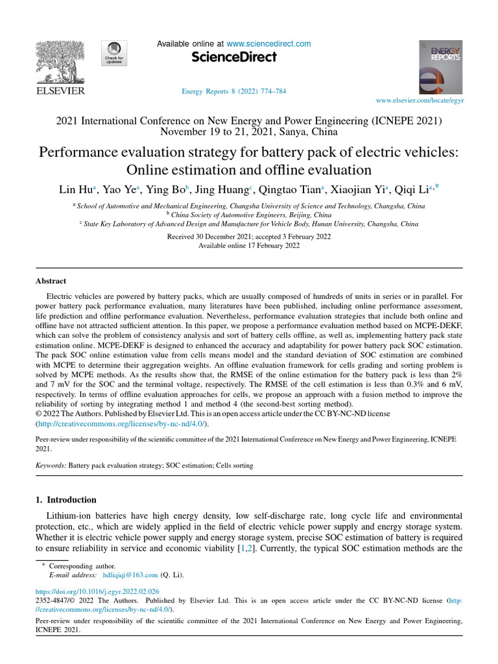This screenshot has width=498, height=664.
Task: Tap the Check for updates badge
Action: pos(114,53)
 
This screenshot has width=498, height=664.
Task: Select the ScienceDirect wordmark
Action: pos(234,58)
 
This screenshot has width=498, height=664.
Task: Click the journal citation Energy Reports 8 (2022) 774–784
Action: pos(234,91)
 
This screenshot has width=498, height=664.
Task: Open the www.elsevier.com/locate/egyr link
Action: pos(420,101)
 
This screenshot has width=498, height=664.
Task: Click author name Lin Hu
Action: pos(76,190)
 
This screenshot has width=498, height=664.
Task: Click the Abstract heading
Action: pos(51,281)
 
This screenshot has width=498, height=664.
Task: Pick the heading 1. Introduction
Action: pos(65,500)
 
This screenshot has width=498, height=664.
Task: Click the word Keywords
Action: pos(50,466)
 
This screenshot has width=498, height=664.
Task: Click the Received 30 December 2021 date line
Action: pos(249,237)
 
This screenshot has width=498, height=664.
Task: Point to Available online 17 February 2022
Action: pos(249,246)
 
